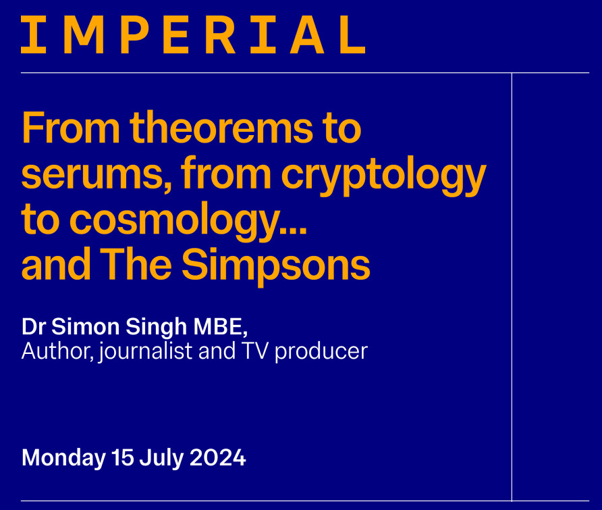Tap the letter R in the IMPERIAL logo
pos(221,34)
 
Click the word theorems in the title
pos(221,127)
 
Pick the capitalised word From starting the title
pos(71,127)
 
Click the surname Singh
pos(156,328)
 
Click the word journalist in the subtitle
pos(145,352)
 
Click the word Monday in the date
pos(63,459)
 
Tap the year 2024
pos(218,457)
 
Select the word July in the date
pos(161,459)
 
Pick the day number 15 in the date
pos(122,457)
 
